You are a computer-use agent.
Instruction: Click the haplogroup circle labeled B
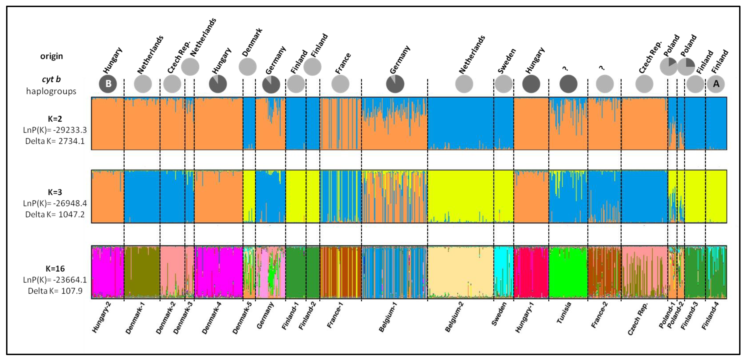[108, 84]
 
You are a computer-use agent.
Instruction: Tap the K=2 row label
[55, 119]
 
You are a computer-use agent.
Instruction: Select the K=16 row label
[55, 268]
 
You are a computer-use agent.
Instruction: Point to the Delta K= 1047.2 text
[55, 214]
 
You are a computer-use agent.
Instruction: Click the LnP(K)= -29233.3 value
[55, 130]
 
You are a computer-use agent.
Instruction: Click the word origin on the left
[51, 56]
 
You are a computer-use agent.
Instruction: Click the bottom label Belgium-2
[454, 317]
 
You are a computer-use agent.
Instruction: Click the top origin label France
[343, 63]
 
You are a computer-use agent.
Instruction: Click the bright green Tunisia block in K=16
[568, 272]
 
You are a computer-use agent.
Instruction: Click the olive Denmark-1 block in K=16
[142, 272]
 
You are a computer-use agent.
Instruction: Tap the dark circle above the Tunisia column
[568, 84]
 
